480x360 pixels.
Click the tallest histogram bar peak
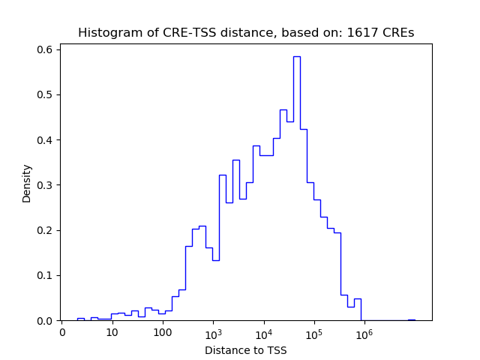[x=296, y=57]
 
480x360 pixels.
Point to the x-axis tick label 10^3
[x=213, y=332]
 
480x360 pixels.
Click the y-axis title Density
[x=27, y=183]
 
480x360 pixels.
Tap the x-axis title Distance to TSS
[x=245, y=349]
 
